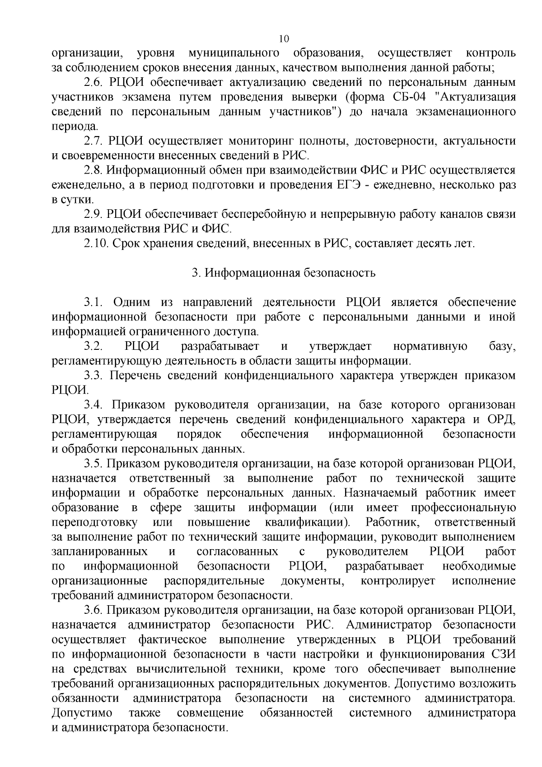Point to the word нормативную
click(430, 347)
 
